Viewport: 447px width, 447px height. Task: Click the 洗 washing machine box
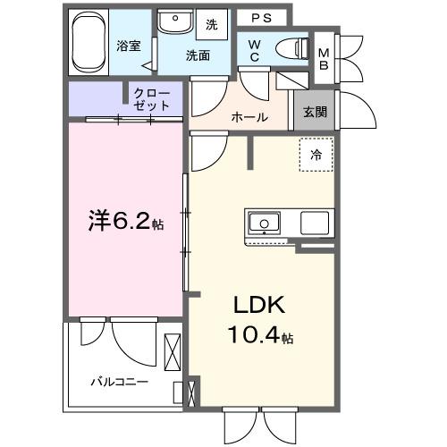[213, 24]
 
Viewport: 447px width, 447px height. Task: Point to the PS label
[261, 17]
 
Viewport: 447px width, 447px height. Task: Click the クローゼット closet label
[151, 98]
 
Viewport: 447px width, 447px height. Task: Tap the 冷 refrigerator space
[315, 154]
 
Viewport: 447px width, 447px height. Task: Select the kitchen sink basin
[266, 223]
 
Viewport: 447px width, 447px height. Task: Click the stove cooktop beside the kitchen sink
[316, 223]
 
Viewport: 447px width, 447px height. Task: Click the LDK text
[258, 306]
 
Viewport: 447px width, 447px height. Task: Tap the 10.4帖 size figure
[258, 337]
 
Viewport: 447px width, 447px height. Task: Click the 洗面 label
[198, 55]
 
